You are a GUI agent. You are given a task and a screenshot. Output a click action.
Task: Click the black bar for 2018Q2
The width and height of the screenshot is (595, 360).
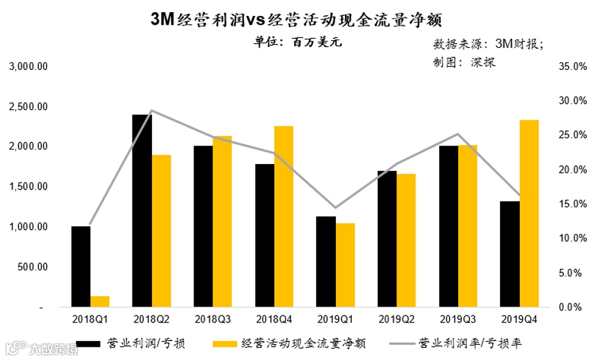tap(142, 211)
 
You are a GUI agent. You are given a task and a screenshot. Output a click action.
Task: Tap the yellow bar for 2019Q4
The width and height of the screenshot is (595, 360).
tap(529, 213)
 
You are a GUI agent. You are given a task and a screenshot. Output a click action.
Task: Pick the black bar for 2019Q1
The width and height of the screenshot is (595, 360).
tap(326, 261)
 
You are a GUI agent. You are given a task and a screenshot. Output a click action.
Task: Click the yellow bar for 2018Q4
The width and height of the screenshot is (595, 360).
tap(284, 216)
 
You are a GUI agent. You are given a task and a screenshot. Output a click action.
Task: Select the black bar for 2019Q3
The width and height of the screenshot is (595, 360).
tap(448, 226)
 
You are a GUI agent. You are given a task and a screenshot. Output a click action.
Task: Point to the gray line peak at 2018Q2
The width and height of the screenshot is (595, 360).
tap(151, 111)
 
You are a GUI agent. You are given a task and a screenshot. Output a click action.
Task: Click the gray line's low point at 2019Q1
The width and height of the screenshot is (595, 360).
tap(335, 207)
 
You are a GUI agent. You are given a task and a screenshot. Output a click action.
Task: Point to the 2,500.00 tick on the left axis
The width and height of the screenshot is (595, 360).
tap(29, 106)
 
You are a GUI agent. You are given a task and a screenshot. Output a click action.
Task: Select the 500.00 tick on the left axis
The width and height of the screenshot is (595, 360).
tap(33, 267)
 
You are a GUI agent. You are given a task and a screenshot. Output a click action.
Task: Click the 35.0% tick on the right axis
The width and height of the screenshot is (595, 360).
tap(571, 66)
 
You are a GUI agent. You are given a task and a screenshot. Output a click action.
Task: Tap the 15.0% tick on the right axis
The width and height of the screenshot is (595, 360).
tap(571, 204)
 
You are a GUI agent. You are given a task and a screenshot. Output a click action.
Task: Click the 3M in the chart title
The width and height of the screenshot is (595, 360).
tap(162, 19)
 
